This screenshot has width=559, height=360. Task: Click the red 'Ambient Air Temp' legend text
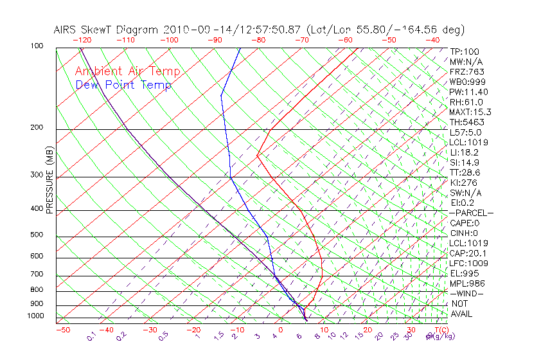click(127, 71)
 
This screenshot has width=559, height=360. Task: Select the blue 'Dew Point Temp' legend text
click(123, 85)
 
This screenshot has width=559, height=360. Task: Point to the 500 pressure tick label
click(37, 235)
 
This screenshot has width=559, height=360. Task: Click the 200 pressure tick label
click(37, 127)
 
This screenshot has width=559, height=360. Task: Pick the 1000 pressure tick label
click(35, 316)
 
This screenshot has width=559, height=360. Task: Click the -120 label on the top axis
click(82, 40)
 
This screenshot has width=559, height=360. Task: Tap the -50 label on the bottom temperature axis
click(62, 330)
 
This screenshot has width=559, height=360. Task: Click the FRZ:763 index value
click(466, 71)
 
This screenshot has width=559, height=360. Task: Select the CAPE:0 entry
click(465, 222)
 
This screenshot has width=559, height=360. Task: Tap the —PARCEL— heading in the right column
click(471, 213)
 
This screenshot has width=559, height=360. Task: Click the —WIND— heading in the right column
click(466, 293)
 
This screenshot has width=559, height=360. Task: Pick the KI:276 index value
click(464, 183)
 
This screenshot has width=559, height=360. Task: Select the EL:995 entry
click(464, 273)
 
